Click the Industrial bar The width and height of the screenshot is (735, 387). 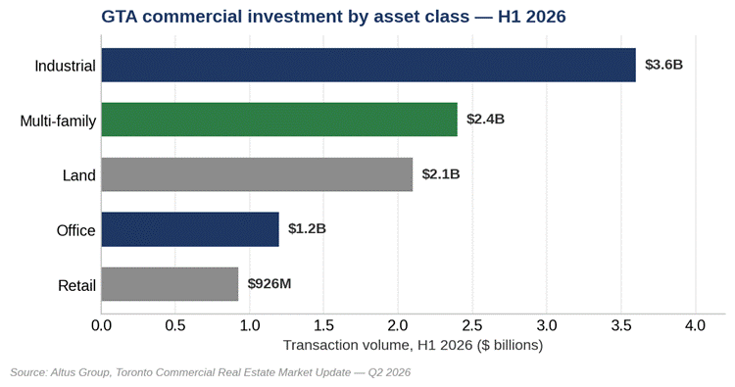[x=368, y=65]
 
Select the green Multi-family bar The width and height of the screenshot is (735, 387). [x=279, y=120]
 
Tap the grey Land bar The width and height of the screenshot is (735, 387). [x=257, y=174]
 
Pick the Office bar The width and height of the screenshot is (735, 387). [x=190, y=229]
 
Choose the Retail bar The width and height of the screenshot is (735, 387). [x=170, y=284]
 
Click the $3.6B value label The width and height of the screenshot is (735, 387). [x=663, y=65]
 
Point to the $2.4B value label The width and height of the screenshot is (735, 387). [x=485, y=119]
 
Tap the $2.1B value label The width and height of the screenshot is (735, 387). [x=441, y=174]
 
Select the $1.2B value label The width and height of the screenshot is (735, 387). [x=307, y=228]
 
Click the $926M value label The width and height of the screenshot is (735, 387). [x=269, y=284]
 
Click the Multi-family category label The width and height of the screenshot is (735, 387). [x=58, y=121]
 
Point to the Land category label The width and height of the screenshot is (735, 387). [x=79, y=175]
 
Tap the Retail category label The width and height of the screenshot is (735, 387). [x=76, y=285]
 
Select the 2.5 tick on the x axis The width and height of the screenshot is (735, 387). [x=472, y=325]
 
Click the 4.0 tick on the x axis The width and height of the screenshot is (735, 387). [x=695, y=325]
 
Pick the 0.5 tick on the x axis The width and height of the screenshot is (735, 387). [x=175, y=325]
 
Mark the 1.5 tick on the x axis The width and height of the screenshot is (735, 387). [x=324, y=325]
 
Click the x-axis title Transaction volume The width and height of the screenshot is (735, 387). [x=413, y=345]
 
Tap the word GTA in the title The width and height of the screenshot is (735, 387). [x=119, y=17]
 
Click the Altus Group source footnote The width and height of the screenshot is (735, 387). [x=210, y=372]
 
